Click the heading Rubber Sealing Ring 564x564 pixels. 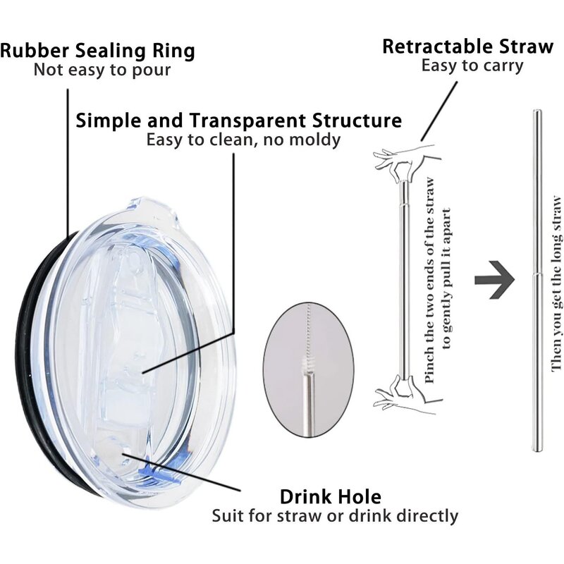coord(97,51)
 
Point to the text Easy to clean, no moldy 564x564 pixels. coord(243,140)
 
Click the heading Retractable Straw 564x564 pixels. coord(467,47)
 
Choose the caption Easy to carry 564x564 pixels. coord(472,66)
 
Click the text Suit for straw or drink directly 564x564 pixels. coord(335,516)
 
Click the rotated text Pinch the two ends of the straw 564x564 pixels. coord(430,282)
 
